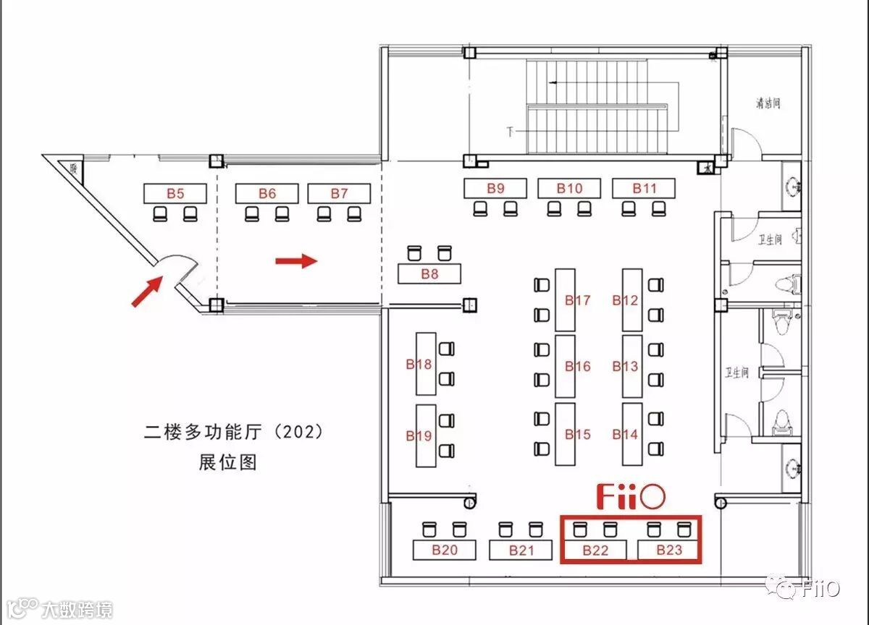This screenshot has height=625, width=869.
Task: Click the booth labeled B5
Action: coord(175,193)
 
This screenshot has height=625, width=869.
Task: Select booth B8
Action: coord(429,274)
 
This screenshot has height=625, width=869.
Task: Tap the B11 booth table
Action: coord(644,189)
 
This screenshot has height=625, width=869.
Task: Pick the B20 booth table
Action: coord(445,550)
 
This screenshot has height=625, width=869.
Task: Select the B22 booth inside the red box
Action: coord(595,550)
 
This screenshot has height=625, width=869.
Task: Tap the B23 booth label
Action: coord(669,550)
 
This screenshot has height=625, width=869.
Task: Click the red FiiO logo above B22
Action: coord(631,497)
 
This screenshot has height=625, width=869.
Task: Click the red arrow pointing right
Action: coord(296,260)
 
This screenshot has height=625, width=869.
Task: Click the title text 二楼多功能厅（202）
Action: coord(232,433)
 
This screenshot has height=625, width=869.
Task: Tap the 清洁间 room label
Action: coord(768,103)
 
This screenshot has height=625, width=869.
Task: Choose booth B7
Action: coord(339,193)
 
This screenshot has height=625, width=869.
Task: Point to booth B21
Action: coord(521,550)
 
